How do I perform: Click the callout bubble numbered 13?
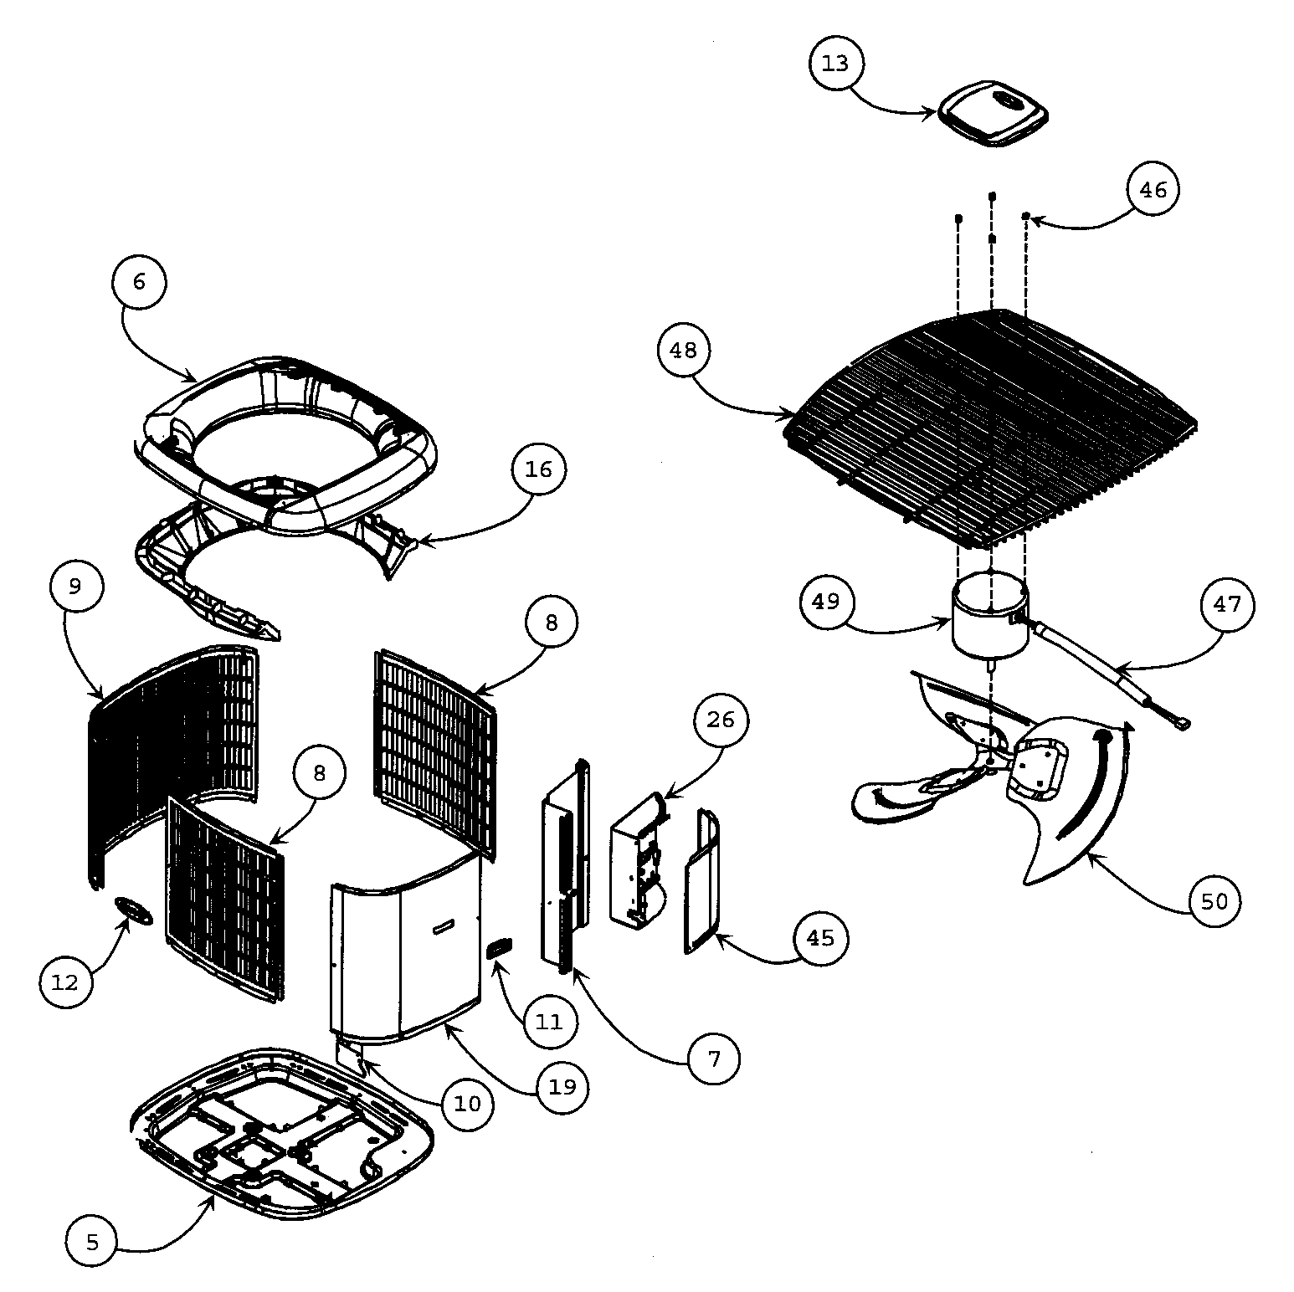click(x=835, y=64)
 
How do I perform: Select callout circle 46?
click(x=1153, y=190)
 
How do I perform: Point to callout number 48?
click(x=683, y=350)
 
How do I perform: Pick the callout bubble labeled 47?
click(x=1227, y=603)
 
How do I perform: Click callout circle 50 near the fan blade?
click(x=1214, y=900)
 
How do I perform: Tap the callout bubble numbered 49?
click(x=825, y=601)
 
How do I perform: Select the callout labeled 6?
click(x=139, y=282)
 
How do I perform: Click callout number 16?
click(x=538, y=469)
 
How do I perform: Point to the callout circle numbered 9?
click(x=74, y=586)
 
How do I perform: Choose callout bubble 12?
click(x=65, y=982)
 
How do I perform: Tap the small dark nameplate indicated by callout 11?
click(x=499, y=947)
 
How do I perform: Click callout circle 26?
click(x=720, y=719)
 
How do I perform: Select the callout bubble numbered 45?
click(x=820, y=937)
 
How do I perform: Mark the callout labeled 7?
click(x=713, y=1059)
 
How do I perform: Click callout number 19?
click(x=562, y=1086)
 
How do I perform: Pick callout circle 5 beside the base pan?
click(x=92, y=1243)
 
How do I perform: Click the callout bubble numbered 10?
click(x=467, y=1103)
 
